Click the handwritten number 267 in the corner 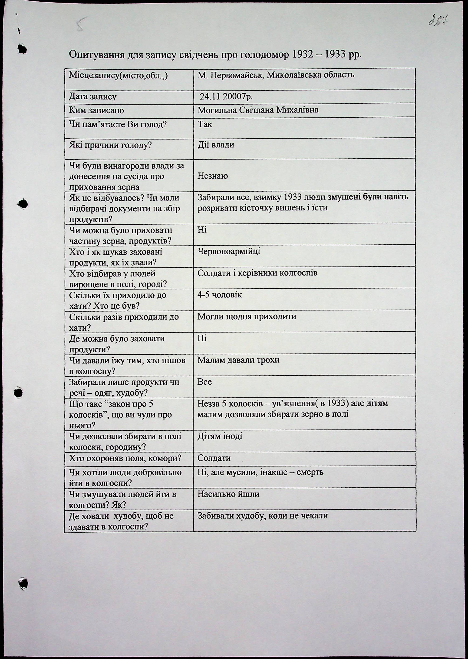439,21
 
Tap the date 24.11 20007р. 226,97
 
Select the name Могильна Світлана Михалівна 258,110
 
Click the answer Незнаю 213,176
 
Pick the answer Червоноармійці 229,251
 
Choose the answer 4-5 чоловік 220,295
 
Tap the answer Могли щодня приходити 247,316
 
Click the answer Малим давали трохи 238,360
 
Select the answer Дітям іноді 220,436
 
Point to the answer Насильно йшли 228,494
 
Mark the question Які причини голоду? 110,145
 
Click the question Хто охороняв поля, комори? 125,458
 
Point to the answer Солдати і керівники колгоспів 257,273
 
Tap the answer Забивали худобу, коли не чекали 263,516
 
